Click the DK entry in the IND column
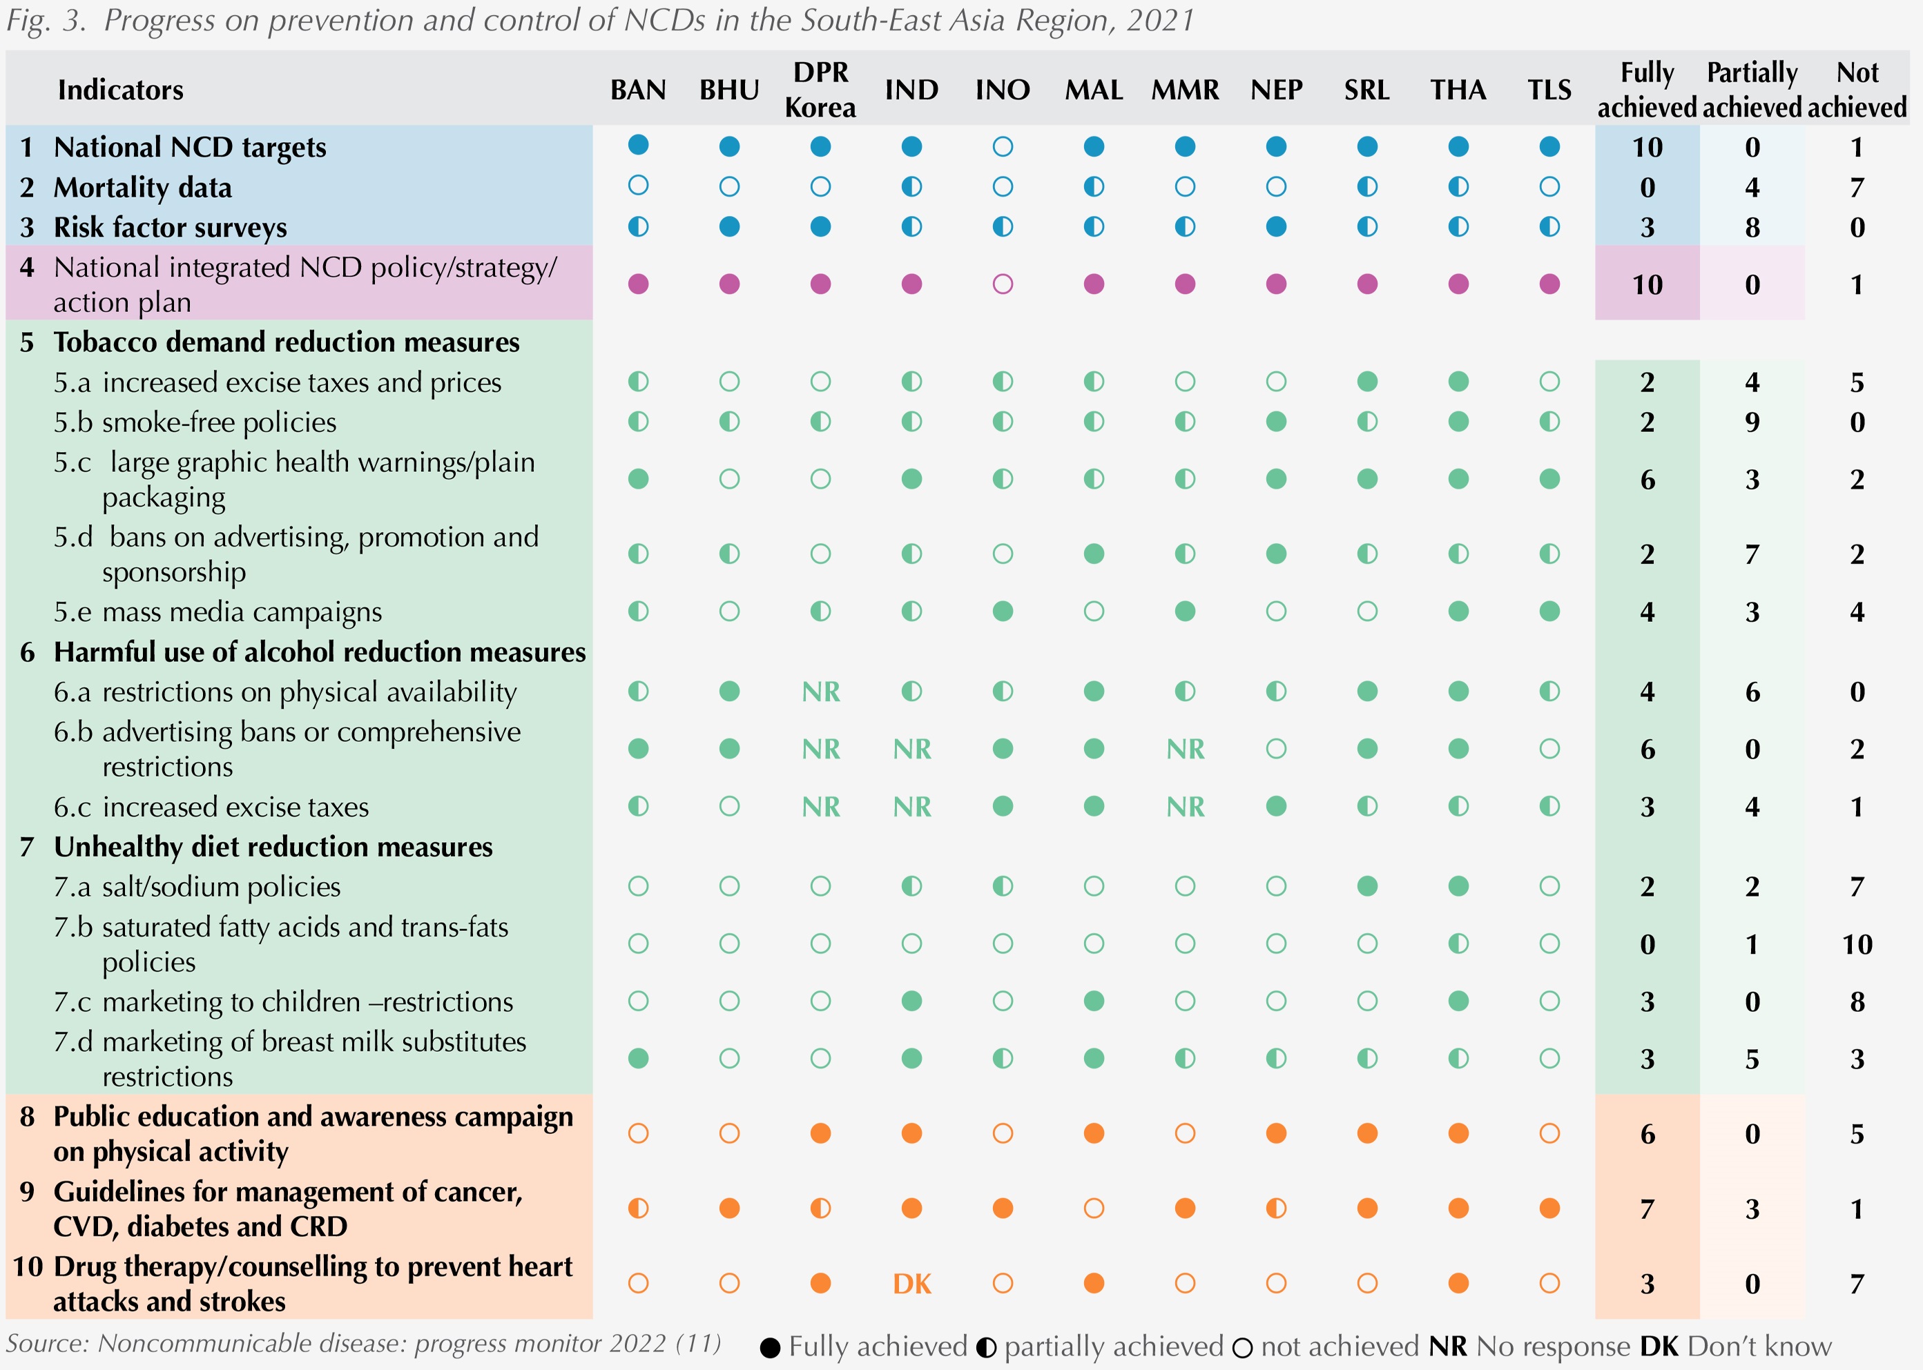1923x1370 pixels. [911, 1284]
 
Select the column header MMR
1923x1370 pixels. [1185, 90]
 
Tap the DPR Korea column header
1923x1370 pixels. [820, 90]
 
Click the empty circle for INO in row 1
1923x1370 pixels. [1003, 147]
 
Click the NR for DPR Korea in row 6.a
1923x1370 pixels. [820, 692]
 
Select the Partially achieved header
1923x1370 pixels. [1752, 90]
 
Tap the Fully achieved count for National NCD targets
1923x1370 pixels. [1646, 148]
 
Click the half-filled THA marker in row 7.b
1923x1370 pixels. [1458, 943]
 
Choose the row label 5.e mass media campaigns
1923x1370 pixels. [218, 611]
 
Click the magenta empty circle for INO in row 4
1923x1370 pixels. [1003, 284]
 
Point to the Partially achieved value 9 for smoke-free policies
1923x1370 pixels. [1752, 422]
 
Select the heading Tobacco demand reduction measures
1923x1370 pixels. [286, 342]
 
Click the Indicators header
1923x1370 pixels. [120, 90]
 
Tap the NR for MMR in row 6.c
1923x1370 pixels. [1185, 807]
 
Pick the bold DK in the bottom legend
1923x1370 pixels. [1659, 1347]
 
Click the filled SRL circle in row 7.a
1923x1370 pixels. [1367, 885]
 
